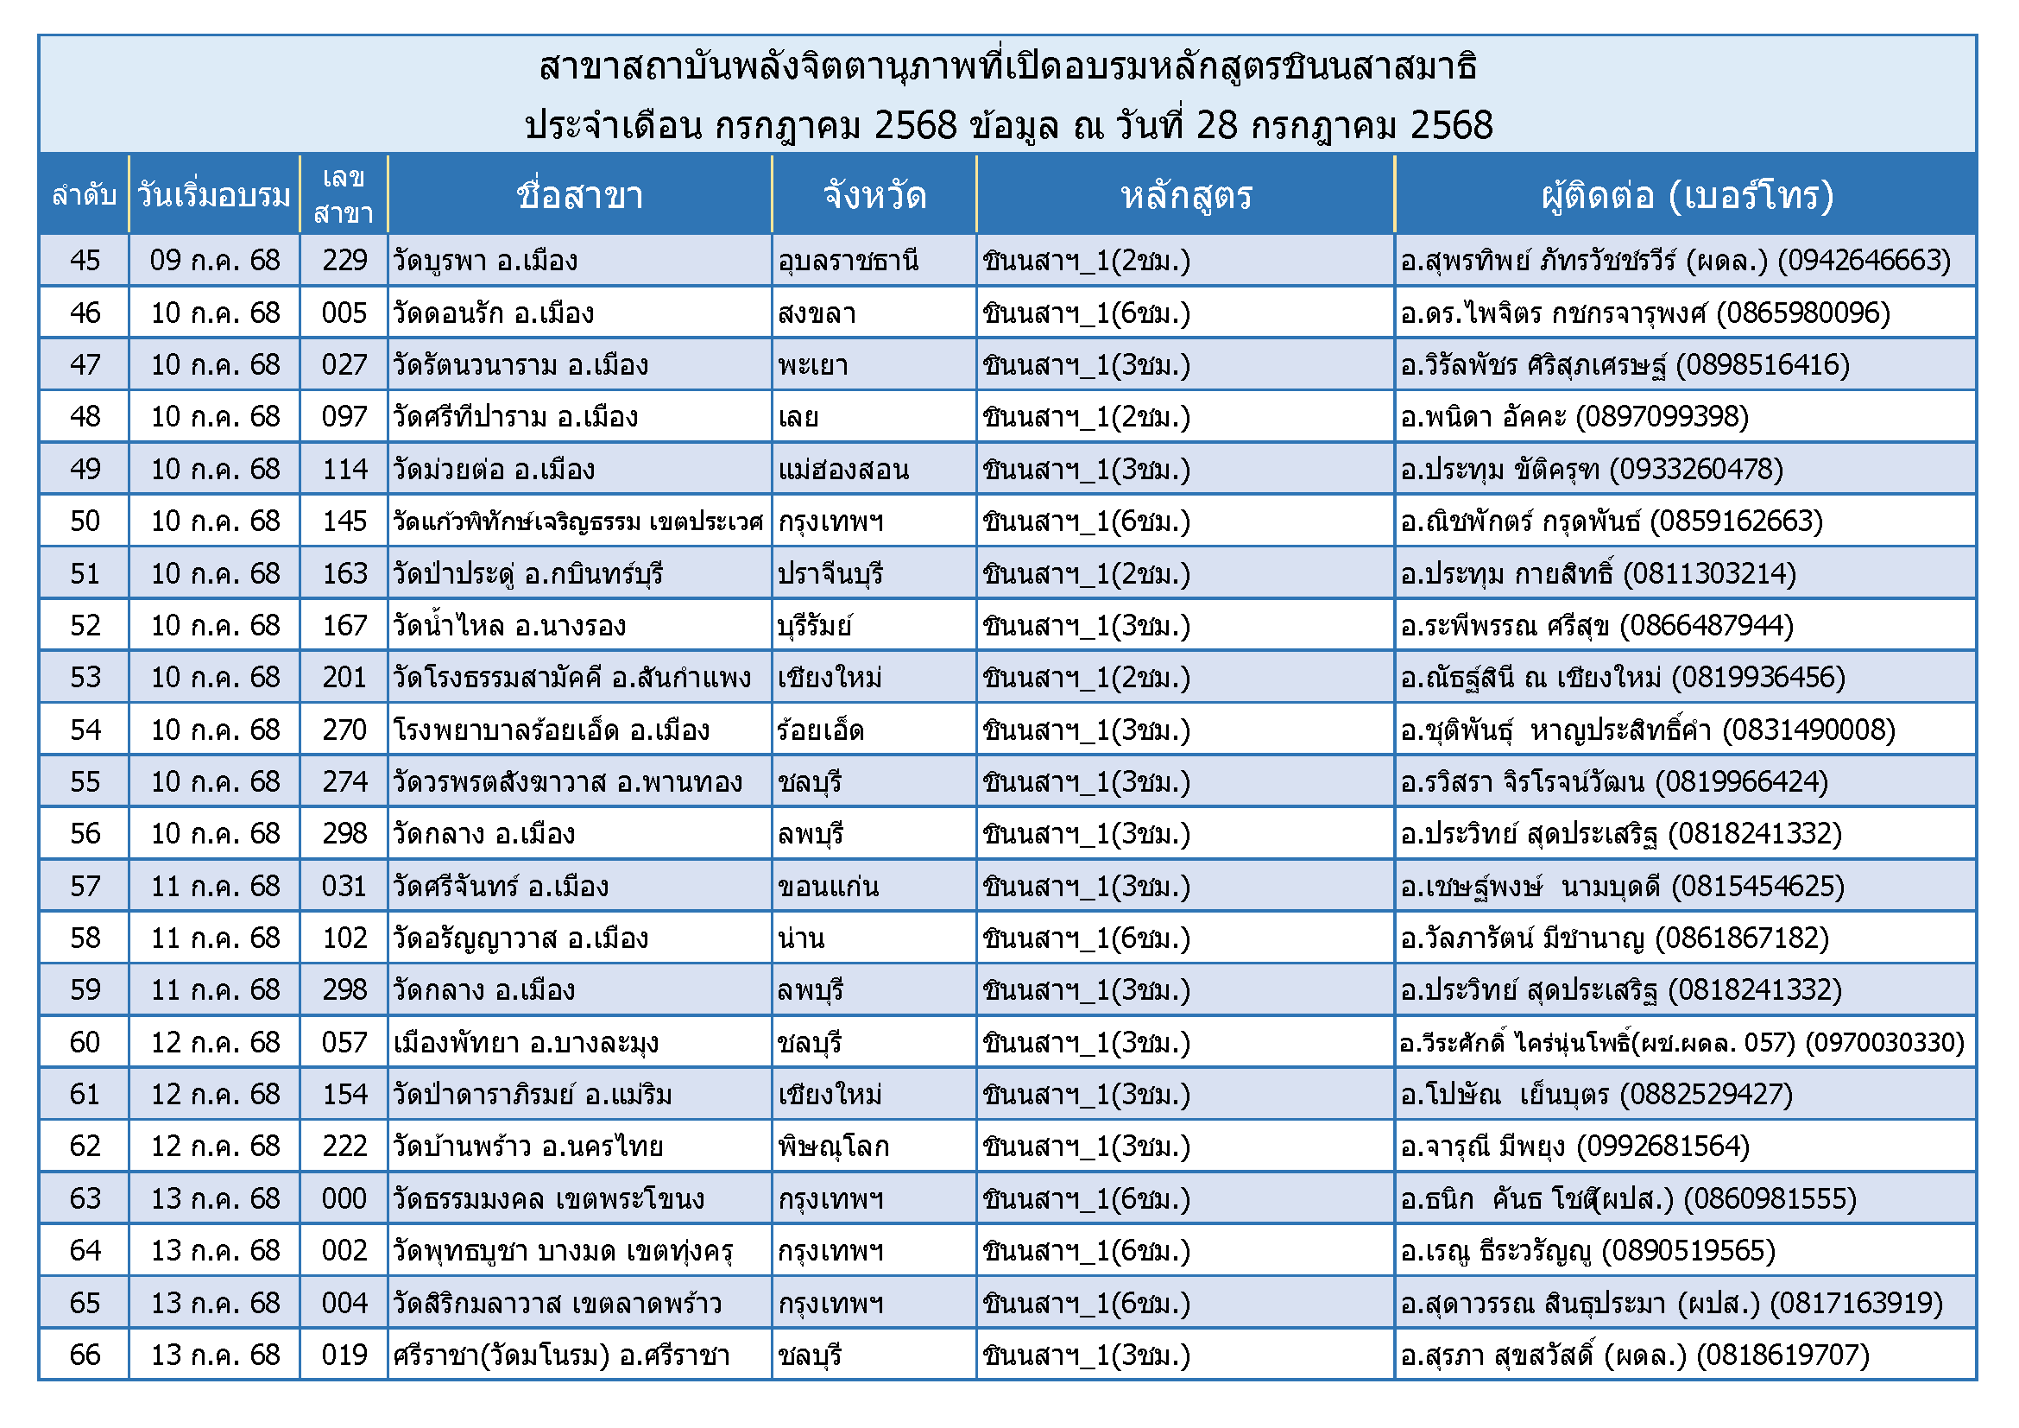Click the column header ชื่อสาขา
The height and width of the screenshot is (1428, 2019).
[x=579, y=195]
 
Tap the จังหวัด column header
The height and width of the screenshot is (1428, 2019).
[x=874, y=195]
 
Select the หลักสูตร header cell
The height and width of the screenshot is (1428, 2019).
[x=1185, y=195]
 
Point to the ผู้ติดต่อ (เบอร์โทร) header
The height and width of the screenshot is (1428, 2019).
[x=1687, y=195]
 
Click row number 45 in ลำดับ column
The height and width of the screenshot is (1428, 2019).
[x=85, y=260]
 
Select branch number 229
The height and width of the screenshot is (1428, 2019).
[x=344, y=260]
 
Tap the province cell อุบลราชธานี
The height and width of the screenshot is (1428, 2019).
[x=849, y=261]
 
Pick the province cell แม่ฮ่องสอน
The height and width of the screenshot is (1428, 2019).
[x=843, y=470]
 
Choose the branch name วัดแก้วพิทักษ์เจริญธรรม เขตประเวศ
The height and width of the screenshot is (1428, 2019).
[x=577, y=521]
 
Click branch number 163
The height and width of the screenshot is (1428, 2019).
[x=344, y=573]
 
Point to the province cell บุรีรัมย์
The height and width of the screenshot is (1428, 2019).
[x=815, y=626]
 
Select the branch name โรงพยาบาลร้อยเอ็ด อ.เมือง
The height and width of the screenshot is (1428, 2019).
[x=552, y=730]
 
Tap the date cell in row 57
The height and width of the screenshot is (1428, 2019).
[x=215, y=887]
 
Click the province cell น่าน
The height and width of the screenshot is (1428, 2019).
[x=801, y=938]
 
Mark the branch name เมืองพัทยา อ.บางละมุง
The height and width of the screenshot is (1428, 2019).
[x=526, y=1043]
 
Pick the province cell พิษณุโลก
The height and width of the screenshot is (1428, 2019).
[x=834, y=1147]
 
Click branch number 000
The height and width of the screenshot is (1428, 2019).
[x=344, y=1198]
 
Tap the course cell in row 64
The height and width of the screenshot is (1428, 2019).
[x=1087, y=1250]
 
